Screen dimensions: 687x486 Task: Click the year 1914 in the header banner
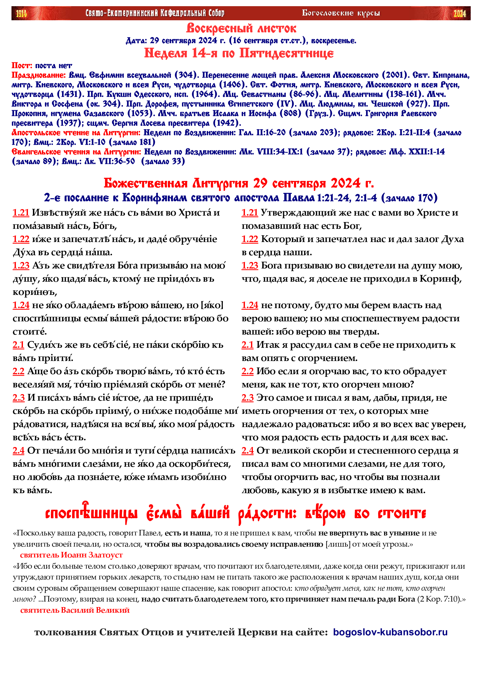pyautogui.click(x=21, y=14)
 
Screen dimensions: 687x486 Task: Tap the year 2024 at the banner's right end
pyautogui.click(x=459, y=14)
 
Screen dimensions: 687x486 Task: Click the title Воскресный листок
pyautogui.click(x=241, y=28)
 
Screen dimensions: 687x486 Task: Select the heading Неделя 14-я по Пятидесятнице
pyautogui.click(x=239, y=53)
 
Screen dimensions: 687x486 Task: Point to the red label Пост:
pyautogui.click(x=22, y=65)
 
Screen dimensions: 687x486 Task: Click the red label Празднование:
pyautogui.click(x=39, y=75)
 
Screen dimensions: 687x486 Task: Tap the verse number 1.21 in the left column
pyautogui.click(x=21, y=213)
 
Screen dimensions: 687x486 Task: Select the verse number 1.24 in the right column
pyautogui.click(x=250, y=305)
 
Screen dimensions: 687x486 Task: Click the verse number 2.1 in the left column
pyautogui.click(x=18, y=345)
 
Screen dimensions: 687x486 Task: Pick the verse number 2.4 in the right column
pyautogui.click(x=248, y=451)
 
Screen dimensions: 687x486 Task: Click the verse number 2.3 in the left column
pyautogui.click(x=19, y=398)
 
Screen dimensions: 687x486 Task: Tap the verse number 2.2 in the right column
pyautogui.click(x=248, y=371)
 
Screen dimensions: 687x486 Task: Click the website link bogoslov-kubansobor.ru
pyautogui.click(x=390, y=632)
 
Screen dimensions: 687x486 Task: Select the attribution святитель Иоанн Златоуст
pyautogui.click(x=71, y=555)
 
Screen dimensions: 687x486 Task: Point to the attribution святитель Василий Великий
pyautogui.click(x=75, y=610)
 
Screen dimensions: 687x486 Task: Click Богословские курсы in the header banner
pyautogui.click(x=341, y=13)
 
